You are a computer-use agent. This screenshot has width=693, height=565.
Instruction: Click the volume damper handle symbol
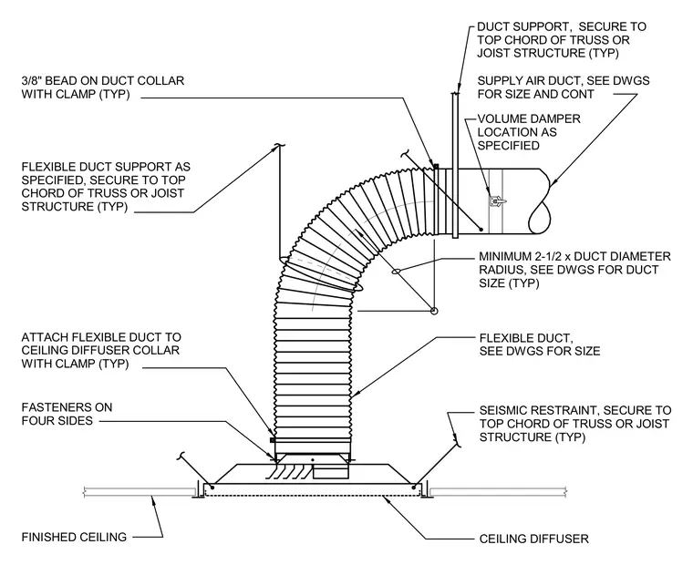tap(497, 201)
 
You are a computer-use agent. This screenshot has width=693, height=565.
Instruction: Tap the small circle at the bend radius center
tap(434, 311)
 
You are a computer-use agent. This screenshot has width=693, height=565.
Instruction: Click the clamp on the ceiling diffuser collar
tap(273, 440)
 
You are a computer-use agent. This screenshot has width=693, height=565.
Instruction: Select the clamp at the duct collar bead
tap(436, 166)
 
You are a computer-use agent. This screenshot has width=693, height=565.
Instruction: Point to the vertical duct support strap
tap(455, 165)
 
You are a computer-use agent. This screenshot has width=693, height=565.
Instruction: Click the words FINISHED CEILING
tap(74, 537)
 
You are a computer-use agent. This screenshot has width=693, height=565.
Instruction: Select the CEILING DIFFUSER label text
tap(534, 539)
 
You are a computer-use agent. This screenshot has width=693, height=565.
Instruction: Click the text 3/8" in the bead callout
tap(32, 81)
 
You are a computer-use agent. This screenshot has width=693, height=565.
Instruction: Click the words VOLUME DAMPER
tap(529, 118)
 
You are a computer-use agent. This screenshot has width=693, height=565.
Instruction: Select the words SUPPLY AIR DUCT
tap(524, 81)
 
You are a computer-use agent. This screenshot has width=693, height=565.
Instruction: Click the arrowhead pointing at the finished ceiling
tap(153, 500)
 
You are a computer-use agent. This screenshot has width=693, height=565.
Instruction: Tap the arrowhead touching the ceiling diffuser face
tap(388, 498)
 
